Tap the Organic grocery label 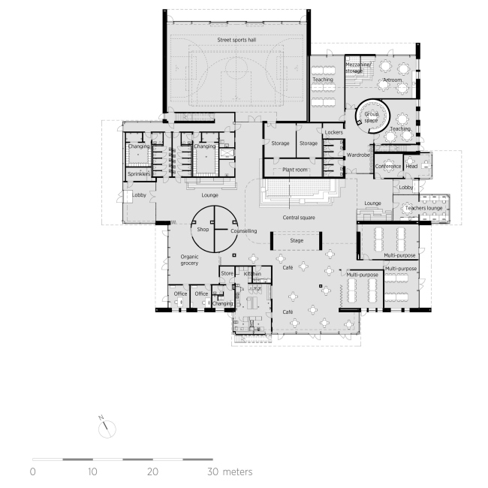click(189, 261)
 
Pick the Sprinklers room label click(140, 173)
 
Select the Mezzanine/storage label click(359, 68)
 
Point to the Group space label click(371, 116)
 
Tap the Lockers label click(333, 132)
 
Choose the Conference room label click(388, 167)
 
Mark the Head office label click(412, 167)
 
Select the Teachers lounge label click(420, 207)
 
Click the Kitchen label click(252, 275)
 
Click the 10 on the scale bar click(92, 472)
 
